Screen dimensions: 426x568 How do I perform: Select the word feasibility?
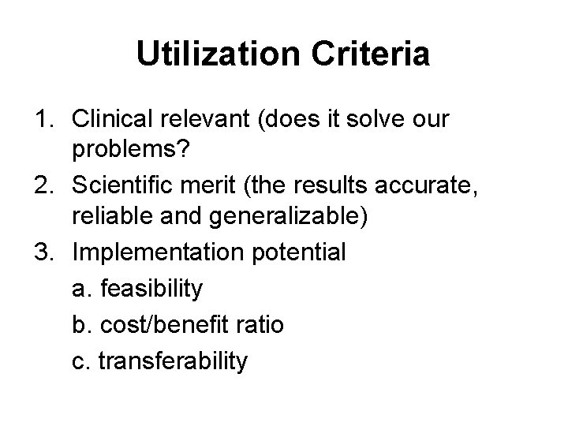tap(147, 289)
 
